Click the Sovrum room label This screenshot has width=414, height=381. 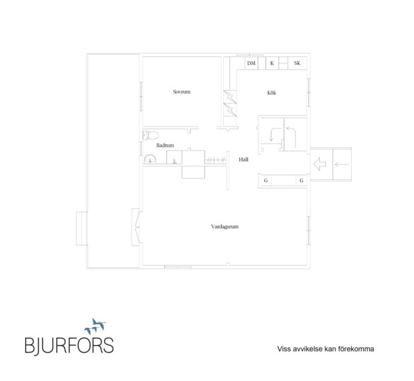point(182,92)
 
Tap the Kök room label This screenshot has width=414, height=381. point(272,93)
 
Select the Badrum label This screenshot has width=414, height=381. point(165,145)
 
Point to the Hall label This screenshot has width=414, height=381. point(244,159)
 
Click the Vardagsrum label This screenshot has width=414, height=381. point(225,227)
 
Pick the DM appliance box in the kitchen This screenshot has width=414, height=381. point(252,63)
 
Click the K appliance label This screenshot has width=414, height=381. point(272,63)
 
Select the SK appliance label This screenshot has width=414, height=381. point(297,63)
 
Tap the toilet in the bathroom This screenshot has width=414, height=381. point(150,135)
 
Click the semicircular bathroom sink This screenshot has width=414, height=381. point(150,159)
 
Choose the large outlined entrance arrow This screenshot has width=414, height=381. point(320,164)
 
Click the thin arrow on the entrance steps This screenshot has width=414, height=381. point(342,164)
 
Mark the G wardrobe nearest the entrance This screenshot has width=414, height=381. point(301,181)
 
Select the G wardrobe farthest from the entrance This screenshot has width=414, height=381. point(266,181)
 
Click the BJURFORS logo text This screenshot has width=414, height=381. point(69,346)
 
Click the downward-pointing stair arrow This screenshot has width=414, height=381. point(275,134)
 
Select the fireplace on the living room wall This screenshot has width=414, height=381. point(136,227)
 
